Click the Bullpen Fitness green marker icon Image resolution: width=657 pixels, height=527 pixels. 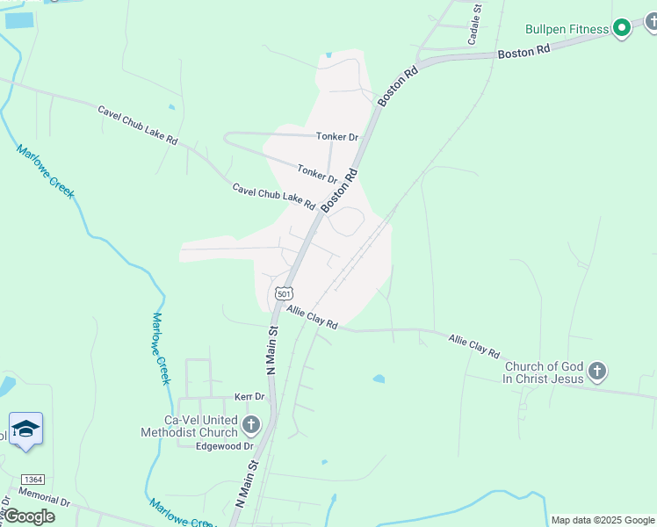click(622, 28)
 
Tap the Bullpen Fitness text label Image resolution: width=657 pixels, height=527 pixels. click(567, 29)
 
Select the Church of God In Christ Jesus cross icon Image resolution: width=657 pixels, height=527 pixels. click(597, 372)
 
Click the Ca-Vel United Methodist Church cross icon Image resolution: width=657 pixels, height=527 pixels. click(251, 426)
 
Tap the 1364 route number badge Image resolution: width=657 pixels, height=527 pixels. click(33, 480)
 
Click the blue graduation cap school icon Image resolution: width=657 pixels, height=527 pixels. click(26, 430)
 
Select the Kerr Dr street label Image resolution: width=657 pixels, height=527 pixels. click(249, 397)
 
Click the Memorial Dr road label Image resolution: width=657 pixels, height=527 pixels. click(42, 498)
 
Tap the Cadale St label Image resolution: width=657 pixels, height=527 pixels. click(474, 25)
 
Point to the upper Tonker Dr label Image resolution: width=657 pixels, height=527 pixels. click(337, 137)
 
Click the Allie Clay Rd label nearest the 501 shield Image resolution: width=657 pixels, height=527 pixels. click(312, 318)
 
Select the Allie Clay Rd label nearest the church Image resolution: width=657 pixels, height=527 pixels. click(474, 343)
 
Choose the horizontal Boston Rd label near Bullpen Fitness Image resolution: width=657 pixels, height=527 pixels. click(523, 52)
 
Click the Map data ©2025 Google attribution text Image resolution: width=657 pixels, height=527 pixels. click(603, 520)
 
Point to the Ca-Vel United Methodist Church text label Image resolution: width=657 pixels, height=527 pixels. click(189, 426)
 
